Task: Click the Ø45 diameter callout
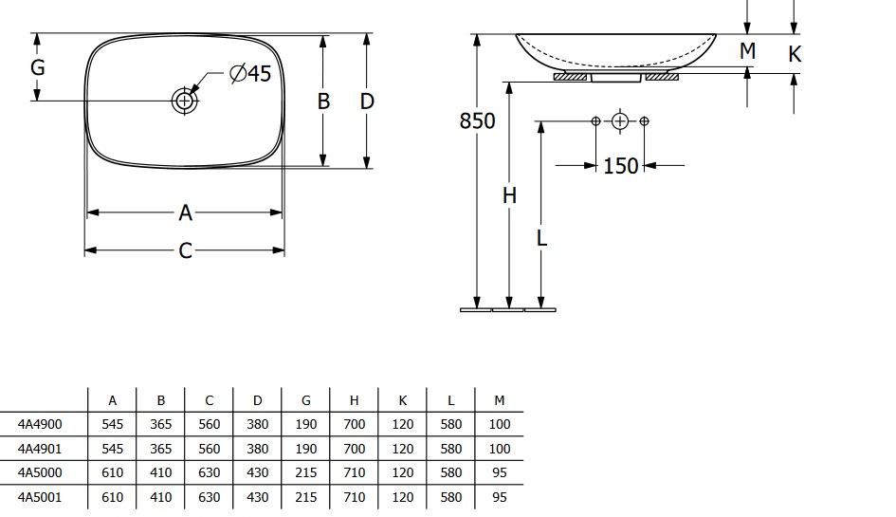click(x=249, y=73)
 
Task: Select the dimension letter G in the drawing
click(x=38, y=67)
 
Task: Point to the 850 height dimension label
click(x=477, y=120)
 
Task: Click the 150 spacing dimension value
click(x=621, y=166)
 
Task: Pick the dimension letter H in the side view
click(x=509, y=195)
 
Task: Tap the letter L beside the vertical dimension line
click(x=541, y=238)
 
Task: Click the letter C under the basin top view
click(x=185, y=250)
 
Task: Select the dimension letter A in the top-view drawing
click(x=185, y=212)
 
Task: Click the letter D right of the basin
click(x=367, y=102)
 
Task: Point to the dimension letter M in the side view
click(x=747, y=51)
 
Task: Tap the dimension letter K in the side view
click(x=795, y=54)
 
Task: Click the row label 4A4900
click(x=40, y=424)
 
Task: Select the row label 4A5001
click(x=40, y=497)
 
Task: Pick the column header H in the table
click(x=355, y=400)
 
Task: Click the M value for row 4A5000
click(x=500, y=473)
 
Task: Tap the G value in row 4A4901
click(x=305, y=449)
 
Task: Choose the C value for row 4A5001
click(x=210, y=497)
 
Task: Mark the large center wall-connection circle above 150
click(x=620, y=121)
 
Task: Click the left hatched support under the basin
click(x=570, y=77)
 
